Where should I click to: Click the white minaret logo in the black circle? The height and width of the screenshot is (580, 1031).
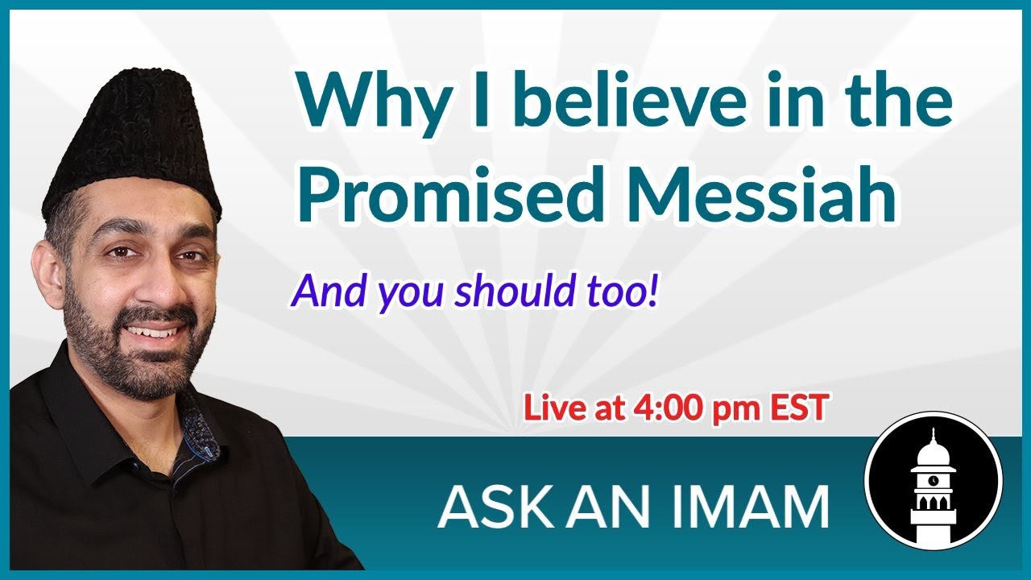click(933, 482)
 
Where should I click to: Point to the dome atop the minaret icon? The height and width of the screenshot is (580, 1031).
click(933, 450)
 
